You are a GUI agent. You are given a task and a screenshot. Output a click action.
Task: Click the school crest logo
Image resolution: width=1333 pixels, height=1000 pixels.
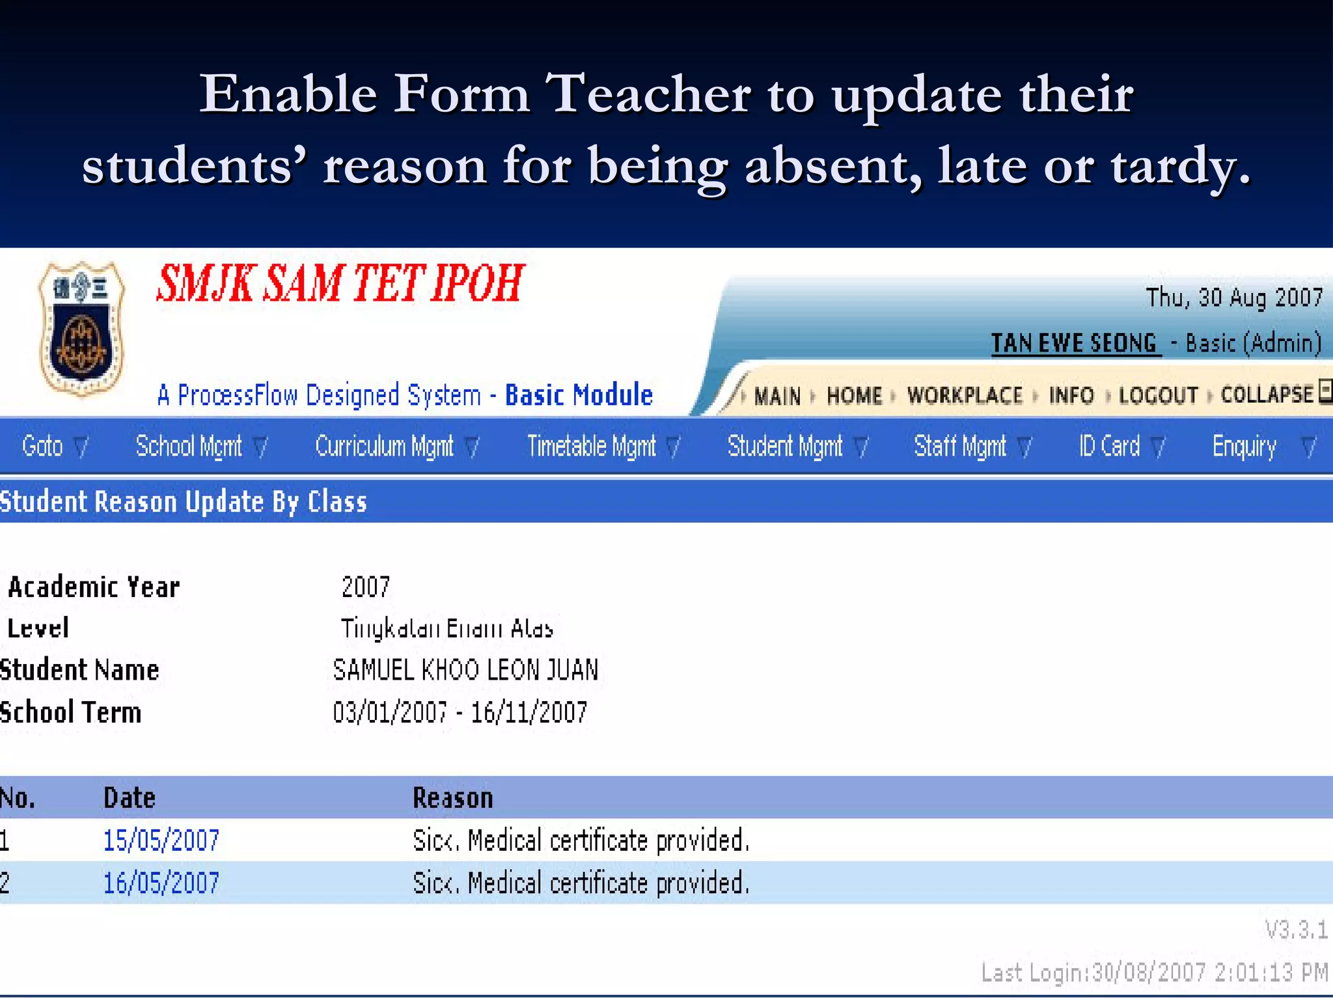click(81, 329)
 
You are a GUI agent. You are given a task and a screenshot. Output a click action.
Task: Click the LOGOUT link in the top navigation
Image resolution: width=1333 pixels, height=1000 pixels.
click(1159, 395)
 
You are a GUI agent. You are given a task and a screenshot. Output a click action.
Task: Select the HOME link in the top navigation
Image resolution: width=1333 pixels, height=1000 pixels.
click(854, 395)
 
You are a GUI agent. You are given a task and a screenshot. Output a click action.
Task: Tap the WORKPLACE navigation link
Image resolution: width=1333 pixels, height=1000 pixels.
click(965, 395)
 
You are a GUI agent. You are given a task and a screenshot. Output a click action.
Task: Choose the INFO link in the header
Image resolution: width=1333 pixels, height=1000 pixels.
click(1071, 395)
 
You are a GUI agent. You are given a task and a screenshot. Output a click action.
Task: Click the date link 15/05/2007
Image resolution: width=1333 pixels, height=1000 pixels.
click(161, 840)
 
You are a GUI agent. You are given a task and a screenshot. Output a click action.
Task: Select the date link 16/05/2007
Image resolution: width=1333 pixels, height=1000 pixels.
click(161, 883)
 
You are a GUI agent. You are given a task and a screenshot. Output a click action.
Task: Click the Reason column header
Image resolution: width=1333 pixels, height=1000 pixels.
click(453, 798)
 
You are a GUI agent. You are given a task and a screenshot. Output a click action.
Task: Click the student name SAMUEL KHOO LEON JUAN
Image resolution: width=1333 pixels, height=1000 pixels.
click(465, 670)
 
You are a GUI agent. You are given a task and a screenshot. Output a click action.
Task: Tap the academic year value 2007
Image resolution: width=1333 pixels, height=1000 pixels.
click(365, 587)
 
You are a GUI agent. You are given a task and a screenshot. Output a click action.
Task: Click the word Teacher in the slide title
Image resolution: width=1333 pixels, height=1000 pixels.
click(648, 94)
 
